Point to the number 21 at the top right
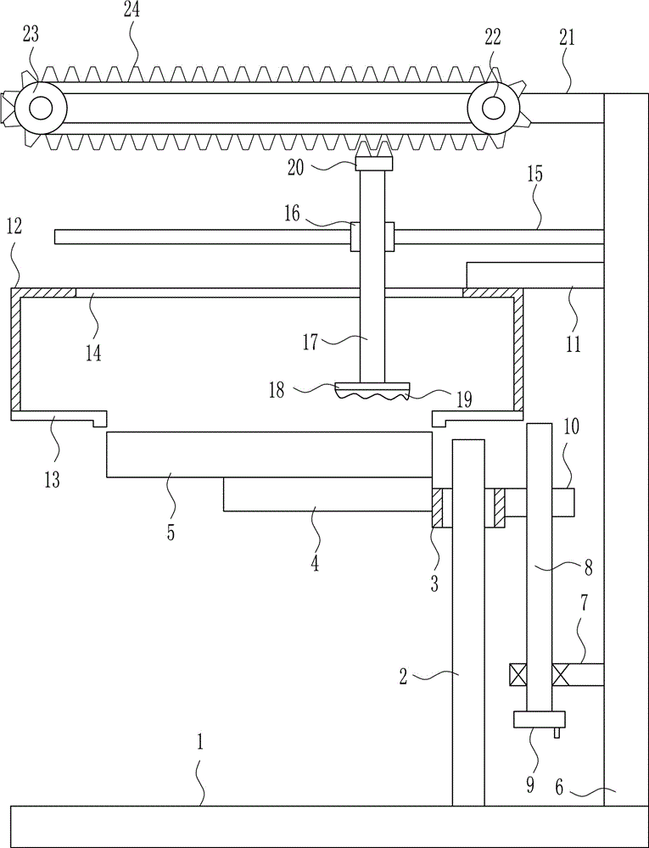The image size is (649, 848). pos(566,38)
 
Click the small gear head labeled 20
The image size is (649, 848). pos(372,158)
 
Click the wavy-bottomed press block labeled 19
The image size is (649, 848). pos(372,391)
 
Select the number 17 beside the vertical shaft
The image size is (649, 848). pos(310,342)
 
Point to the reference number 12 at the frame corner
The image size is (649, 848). pos(14,227)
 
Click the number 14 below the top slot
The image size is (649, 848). pos(93,351)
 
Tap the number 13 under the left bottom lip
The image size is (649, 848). pos(53,480)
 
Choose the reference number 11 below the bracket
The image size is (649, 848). pos(573,344)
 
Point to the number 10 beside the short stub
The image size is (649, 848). pos(571,426)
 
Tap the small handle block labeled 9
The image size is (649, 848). pos(539,719)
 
